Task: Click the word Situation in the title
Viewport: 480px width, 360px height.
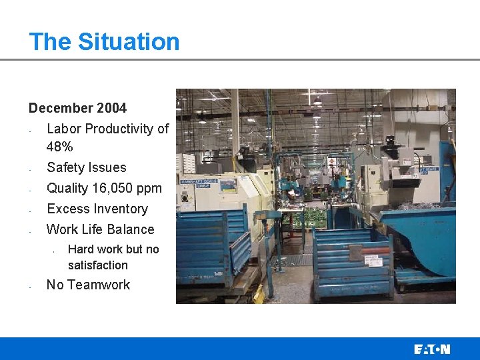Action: [x=129, y=41]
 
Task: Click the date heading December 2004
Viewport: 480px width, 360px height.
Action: [x=77, y=107]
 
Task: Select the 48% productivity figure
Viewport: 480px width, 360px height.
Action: [x=59, y=146]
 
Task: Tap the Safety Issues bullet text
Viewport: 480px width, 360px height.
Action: [x=86, y=167]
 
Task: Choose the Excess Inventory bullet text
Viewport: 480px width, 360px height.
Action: [x=97, y=209]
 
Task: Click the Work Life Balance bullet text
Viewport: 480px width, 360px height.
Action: [x=100, y=229]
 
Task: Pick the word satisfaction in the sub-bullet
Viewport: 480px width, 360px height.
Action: [x=97, y=265]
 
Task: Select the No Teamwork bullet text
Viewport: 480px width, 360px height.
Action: [x=88, y=285]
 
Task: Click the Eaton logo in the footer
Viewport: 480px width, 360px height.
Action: [x=431, y=349]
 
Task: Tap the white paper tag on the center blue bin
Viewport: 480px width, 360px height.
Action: [x=355, y=253]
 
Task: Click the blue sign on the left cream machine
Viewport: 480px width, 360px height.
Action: [x=195, y=181]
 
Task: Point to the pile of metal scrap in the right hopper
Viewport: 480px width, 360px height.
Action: [x=417, y=206]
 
